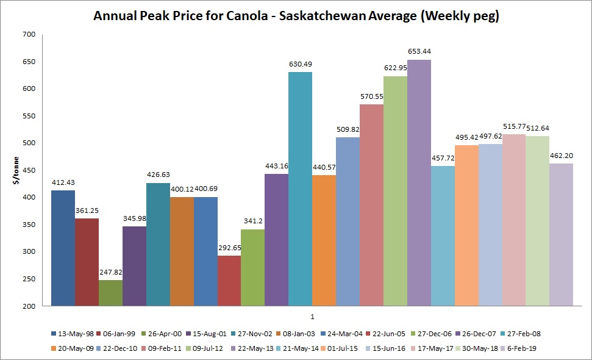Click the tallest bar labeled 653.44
pos(419,182)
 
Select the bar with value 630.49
pos(300,189)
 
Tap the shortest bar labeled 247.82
pos(110,292)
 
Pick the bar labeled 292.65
pos(229,280)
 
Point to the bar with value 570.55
pos(371,204)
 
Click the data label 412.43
pos(63,182)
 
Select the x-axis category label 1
pos(312,317)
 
